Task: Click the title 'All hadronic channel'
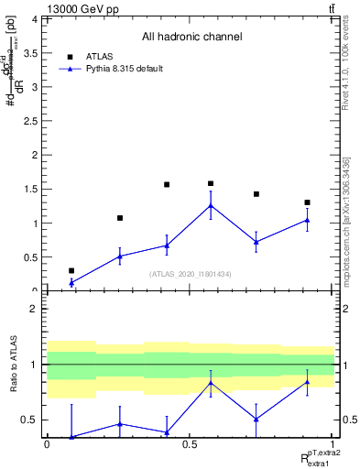[x=191, y=38]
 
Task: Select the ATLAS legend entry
[x=102, y=55]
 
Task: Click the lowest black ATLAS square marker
[x=71, y=271]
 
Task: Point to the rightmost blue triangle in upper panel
[x=307, y=220]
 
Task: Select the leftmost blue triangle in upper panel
[x=71, y=283]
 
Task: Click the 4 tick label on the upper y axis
[x=35, y=19]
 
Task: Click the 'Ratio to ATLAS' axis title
[x=13, y=371]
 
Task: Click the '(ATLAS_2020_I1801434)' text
[x=191, y=275]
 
